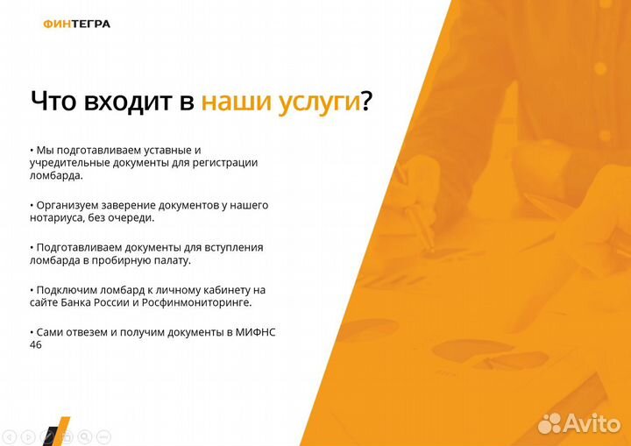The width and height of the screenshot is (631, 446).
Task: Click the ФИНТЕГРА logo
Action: coord(76,24)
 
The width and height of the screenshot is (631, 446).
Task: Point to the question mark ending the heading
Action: coord(367,101)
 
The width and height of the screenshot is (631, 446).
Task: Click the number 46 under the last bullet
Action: coord(36,344)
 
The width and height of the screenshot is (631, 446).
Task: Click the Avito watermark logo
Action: coord(578,422)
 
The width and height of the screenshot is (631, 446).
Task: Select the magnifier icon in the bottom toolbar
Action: coord(85,435)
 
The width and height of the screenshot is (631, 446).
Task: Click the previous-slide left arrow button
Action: coord(11,435)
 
